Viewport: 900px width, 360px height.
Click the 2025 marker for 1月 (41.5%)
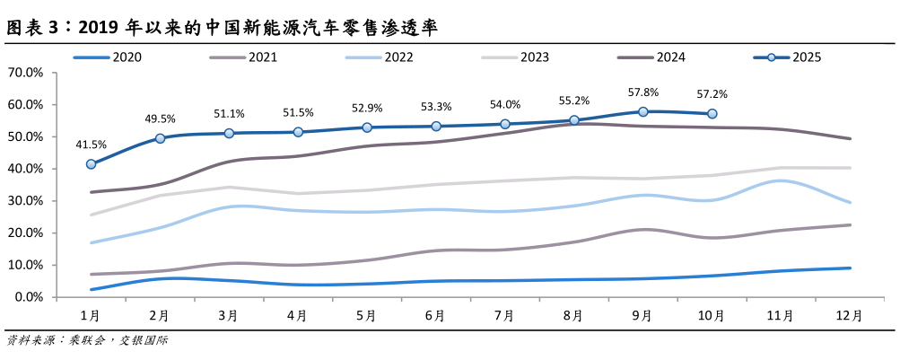coord(92,164)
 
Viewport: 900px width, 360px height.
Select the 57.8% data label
coord(643,92)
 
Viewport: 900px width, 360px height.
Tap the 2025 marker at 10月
coord(712,114)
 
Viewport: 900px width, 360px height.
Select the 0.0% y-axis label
coord(28,297)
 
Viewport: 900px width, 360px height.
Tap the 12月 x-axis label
coord(849,316)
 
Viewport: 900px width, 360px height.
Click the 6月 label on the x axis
coord(435,316)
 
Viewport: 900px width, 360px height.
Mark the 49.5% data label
coord(160,119)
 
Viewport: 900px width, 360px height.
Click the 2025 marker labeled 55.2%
coord(574,120)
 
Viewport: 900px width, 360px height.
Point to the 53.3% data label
coord(436,107)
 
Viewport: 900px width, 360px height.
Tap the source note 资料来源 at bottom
coord(87,341)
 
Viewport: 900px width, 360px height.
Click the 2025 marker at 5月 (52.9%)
coord(367,127)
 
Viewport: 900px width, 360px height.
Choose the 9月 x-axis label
coord(642,316)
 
